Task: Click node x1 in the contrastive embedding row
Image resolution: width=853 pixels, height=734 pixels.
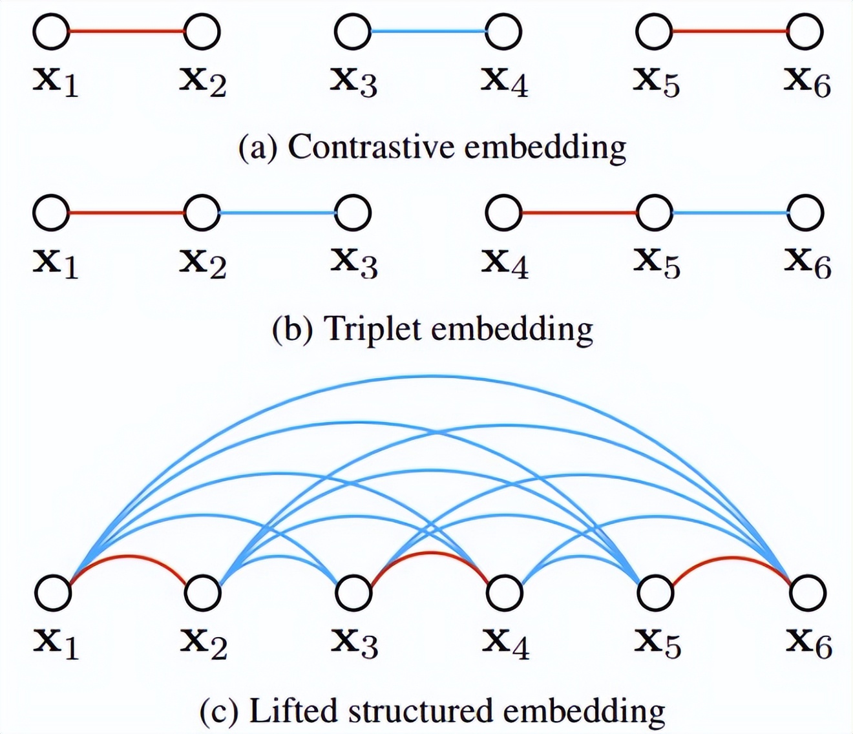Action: point(51,32)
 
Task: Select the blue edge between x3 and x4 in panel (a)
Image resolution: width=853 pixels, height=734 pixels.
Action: point(428,31)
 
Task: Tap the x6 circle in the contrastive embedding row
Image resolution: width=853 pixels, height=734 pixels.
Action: point(805,32)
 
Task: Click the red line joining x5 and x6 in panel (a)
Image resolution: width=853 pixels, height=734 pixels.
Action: point(730,31)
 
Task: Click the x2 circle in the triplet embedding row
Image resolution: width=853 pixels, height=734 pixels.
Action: point(202,213)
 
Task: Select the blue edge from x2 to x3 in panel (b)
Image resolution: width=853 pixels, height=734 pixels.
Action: point(277,213)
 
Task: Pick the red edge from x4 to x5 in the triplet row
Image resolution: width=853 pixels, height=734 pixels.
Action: point(579,213)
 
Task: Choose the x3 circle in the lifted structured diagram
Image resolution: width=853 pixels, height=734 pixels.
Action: point(353,592)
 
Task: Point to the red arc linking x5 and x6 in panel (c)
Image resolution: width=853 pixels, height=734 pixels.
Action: point(732,558)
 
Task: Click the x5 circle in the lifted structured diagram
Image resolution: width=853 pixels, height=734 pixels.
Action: point(655,592)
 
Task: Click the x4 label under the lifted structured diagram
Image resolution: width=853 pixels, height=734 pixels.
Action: point(506,644)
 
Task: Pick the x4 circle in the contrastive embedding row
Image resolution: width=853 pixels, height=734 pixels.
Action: point(503,32)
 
